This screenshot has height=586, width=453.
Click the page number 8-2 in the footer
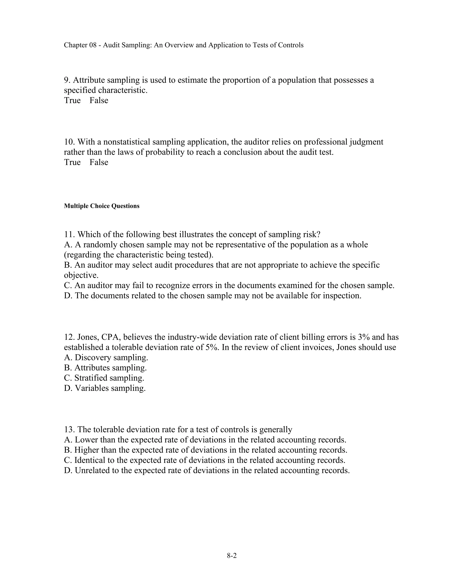232,556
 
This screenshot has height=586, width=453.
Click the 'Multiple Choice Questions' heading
102,206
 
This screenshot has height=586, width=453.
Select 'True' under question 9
72,100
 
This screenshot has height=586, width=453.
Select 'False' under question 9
99,100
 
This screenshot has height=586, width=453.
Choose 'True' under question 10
72,162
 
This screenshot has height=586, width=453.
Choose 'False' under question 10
99,162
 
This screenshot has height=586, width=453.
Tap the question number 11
69,234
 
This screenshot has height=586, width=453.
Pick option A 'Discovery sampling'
106,358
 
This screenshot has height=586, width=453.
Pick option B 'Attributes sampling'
105,368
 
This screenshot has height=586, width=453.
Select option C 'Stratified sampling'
104,378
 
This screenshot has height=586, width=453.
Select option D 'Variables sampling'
105,388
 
